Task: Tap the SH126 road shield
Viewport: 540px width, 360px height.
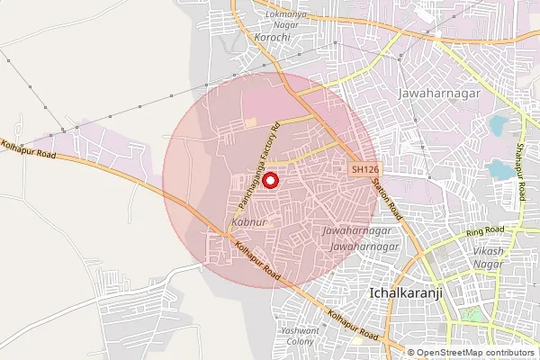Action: [364, 169]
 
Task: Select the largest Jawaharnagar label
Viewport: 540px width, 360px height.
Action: [440, 93]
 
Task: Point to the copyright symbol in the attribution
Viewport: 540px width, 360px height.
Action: [411, 352]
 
